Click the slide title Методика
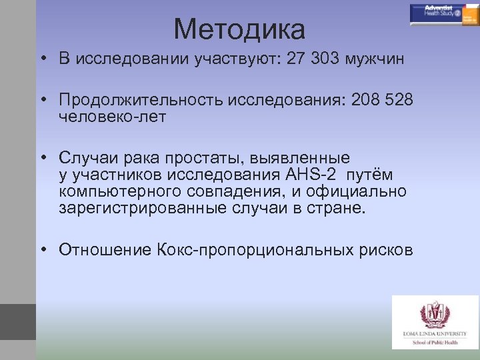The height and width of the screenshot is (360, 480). click(239, 29)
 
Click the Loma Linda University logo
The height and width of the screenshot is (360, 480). click(435, 321)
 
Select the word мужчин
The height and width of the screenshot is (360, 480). click(375, 59)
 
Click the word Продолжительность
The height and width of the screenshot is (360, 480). click(141, 100)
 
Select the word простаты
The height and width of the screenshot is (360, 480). click(187, 158)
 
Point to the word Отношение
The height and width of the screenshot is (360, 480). click(105, 250)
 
